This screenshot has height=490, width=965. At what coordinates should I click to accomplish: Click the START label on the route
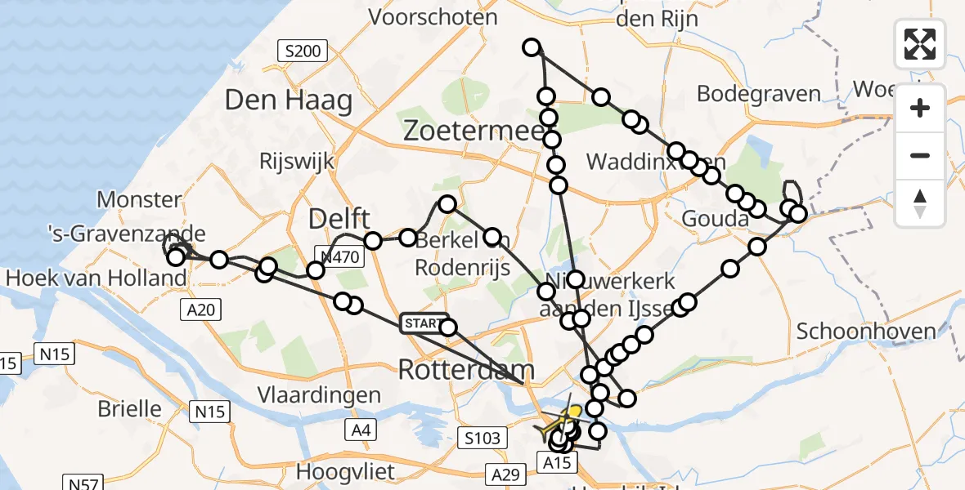[x=422, y=324]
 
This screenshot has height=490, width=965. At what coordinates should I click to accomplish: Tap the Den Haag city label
[x=289, y=100]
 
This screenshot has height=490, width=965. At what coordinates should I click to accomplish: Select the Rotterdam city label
[x=466, y=370]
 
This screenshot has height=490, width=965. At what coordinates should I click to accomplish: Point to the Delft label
[x=339, y=219]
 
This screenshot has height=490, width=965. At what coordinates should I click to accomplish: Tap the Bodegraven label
[x=758, y=94]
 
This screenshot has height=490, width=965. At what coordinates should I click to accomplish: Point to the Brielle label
[x=129, y=408]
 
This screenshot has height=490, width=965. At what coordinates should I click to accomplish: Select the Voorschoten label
[x=433, y=16]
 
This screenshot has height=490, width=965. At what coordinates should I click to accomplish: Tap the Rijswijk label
[x=296, y=161]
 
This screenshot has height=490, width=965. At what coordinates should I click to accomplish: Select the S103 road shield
[x=479, y=439]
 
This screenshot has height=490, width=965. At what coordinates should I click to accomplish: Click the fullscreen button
[x=920, y=44]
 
